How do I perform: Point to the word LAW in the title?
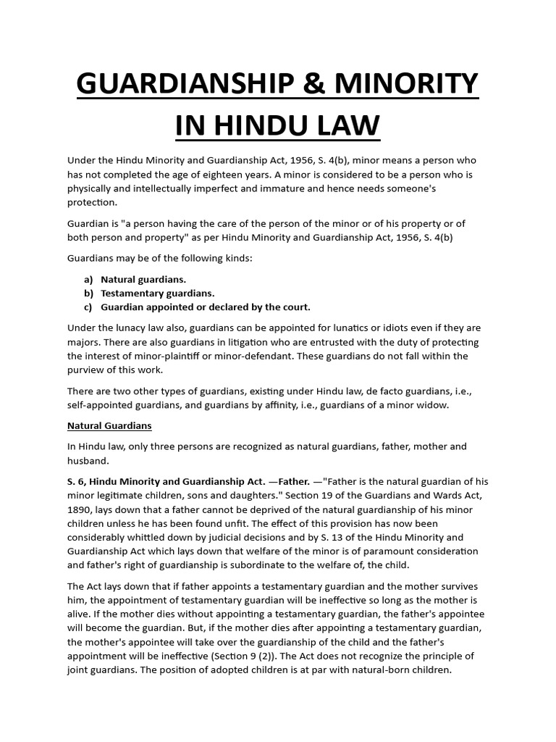tap(345, 125)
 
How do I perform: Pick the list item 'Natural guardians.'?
tap(143, 278)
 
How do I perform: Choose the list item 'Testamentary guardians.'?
tap(158, 293)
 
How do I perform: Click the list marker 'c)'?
tap(88, 307)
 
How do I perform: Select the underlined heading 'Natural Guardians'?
tap(109, 425)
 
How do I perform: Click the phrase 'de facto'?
tap(372, 391)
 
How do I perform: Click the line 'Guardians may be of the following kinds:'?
tap(159, 257)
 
